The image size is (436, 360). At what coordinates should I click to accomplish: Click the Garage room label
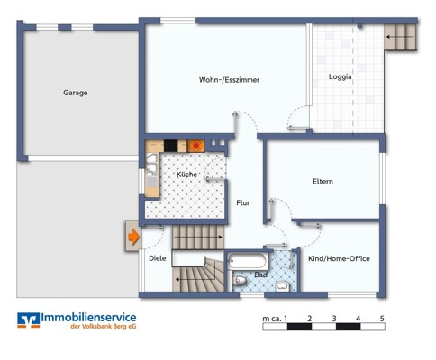click(x=76, y=93)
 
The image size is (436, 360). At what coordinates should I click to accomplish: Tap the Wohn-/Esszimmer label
click(x=229, y=80)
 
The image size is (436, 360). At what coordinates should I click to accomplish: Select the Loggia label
click(x=340, y=76)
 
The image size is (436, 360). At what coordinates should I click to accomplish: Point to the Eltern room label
click(x=322, y=181)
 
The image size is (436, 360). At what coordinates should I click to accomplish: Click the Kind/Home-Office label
click(x=339, y=258)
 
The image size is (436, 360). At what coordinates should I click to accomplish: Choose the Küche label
click(x=186, y=175)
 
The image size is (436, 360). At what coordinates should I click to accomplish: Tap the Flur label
click(x=243, y=203)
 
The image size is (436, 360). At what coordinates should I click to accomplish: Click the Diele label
click(x=158, y=258)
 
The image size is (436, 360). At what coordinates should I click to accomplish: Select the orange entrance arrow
click(x=133, y=237)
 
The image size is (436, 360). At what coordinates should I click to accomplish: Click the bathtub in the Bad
click(x=247, y=261)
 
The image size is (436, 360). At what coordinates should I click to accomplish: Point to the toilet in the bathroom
click(x=240, y=281)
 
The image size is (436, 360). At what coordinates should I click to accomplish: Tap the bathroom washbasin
click(x=283, y=286)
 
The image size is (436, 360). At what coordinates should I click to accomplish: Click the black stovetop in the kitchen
click(x=171, y=146)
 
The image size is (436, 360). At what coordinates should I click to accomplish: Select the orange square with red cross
click(x=196, y=146)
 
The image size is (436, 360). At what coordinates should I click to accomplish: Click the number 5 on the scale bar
click(x=382, y=319)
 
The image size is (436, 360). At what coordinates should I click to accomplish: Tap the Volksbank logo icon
click(x=29, y=319)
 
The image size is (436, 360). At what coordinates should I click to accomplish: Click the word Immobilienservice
click(x=88, y=317)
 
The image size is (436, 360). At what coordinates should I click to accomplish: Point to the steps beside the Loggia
click(x=400, y=37)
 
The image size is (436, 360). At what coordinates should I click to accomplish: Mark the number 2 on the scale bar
click(x=310, y=319)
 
